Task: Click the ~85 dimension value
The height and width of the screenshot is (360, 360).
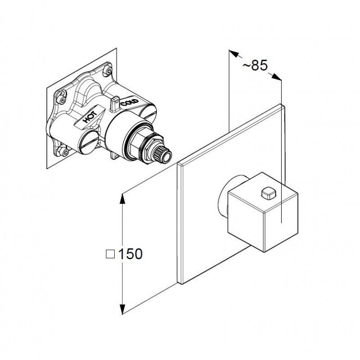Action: coord(255,65)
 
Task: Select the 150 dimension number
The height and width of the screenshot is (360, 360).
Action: coord(130,254)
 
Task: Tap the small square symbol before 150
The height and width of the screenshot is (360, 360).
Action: coord(110,254)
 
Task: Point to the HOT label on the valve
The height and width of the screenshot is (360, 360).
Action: coord(90,117)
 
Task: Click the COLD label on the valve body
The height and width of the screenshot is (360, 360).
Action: coord(130,103)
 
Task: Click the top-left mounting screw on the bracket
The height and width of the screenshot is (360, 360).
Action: coord(62,99)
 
